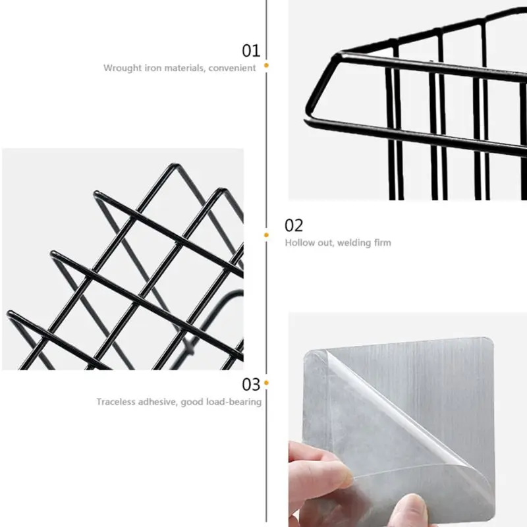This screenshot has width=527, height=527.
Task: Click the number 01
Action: pyautogui.click(x=251, y=51)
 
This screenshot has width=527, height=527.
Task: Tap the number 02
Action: pyautogui.click(x=294, y=225)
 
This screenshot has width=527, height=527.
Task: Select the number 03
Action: pyautogui.click(x=251, y=384)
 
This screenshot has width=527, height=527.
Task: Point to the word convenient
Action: pyautogui.click(x=232, y=69)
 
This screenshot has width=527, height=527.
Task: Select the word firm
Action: pyautogui.click(x=383, y=242)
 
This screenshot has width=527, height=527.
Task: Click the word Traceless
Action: pyautogui.click(x=116, y=402)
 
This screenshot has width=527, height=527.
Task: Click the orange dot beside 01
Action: pyautogui.click(x=266, y=65)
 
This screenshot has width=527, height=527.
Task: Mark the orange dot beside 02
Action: pyautogui.click(x=266, y=235)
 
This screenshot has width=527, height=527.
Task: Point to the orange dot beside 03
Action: pyautogui.click(x=266, y=383)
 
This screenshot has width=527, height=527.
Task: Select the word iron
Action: pyautogui.click(x=153, y=69)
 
